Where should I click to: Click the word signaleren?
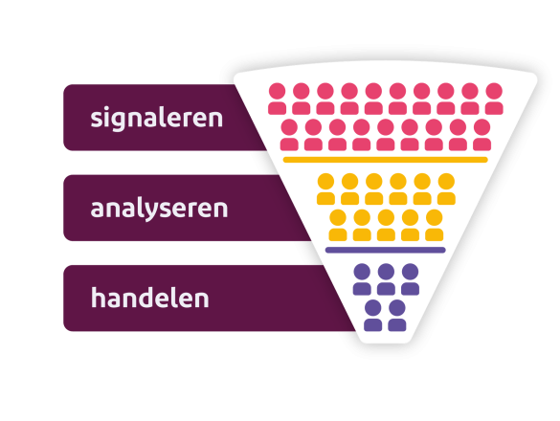156,118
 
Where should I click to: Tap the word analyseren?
159,208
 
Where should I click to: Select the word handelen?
150,298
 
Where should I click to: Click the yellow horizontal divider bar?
386,160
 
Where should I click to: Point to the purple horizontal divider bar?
386,250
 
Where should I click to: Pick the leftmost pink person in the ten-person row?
278,99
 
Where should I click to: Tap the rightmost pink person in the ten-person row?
494,99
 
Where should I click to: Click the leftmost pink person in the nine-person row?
289,135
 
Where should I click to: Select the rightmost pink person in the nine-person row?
482,135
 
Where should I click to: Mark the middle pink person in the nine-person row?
386,135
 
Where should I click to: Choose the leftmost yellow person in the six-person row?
325,189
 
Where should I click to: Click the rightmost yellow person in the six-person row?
446,189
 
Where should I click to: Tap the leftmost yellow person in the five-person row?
338,225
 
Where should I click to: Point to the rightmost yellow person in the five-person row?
435,225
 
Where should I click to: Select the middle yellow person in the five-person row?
386,225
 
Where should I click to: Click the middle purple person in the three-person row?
386,279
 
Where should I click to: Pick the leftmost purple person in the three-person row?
362,279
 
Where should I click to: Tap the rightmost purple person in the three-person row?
411,279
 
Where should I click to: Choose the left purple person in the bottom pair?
373,316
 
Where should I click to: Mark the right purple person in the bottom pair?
397,316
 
